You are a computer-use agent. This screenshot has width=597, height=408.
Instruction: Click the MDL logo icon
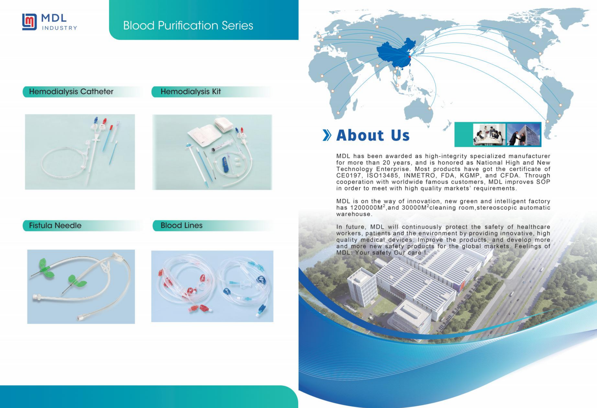tap(29, 22)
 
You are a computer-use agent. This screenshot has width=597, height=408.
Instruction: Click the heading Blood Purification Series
tap(188, 25)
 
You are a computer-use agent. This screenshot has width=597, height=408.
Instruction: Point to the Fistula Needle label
tap(55, 226)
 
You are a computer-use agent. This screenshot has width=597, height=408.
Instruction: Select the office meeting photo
tap(489, 134)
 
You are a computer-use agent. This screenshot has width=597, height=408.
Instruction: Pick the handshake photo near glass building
tap(523, 134)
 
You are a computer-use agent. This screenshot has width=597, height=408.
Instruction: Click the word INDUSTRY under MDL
tap(59, 28)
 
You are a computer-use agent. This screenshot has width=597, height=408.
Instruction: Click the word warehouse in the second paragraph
tap(354, 214)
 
